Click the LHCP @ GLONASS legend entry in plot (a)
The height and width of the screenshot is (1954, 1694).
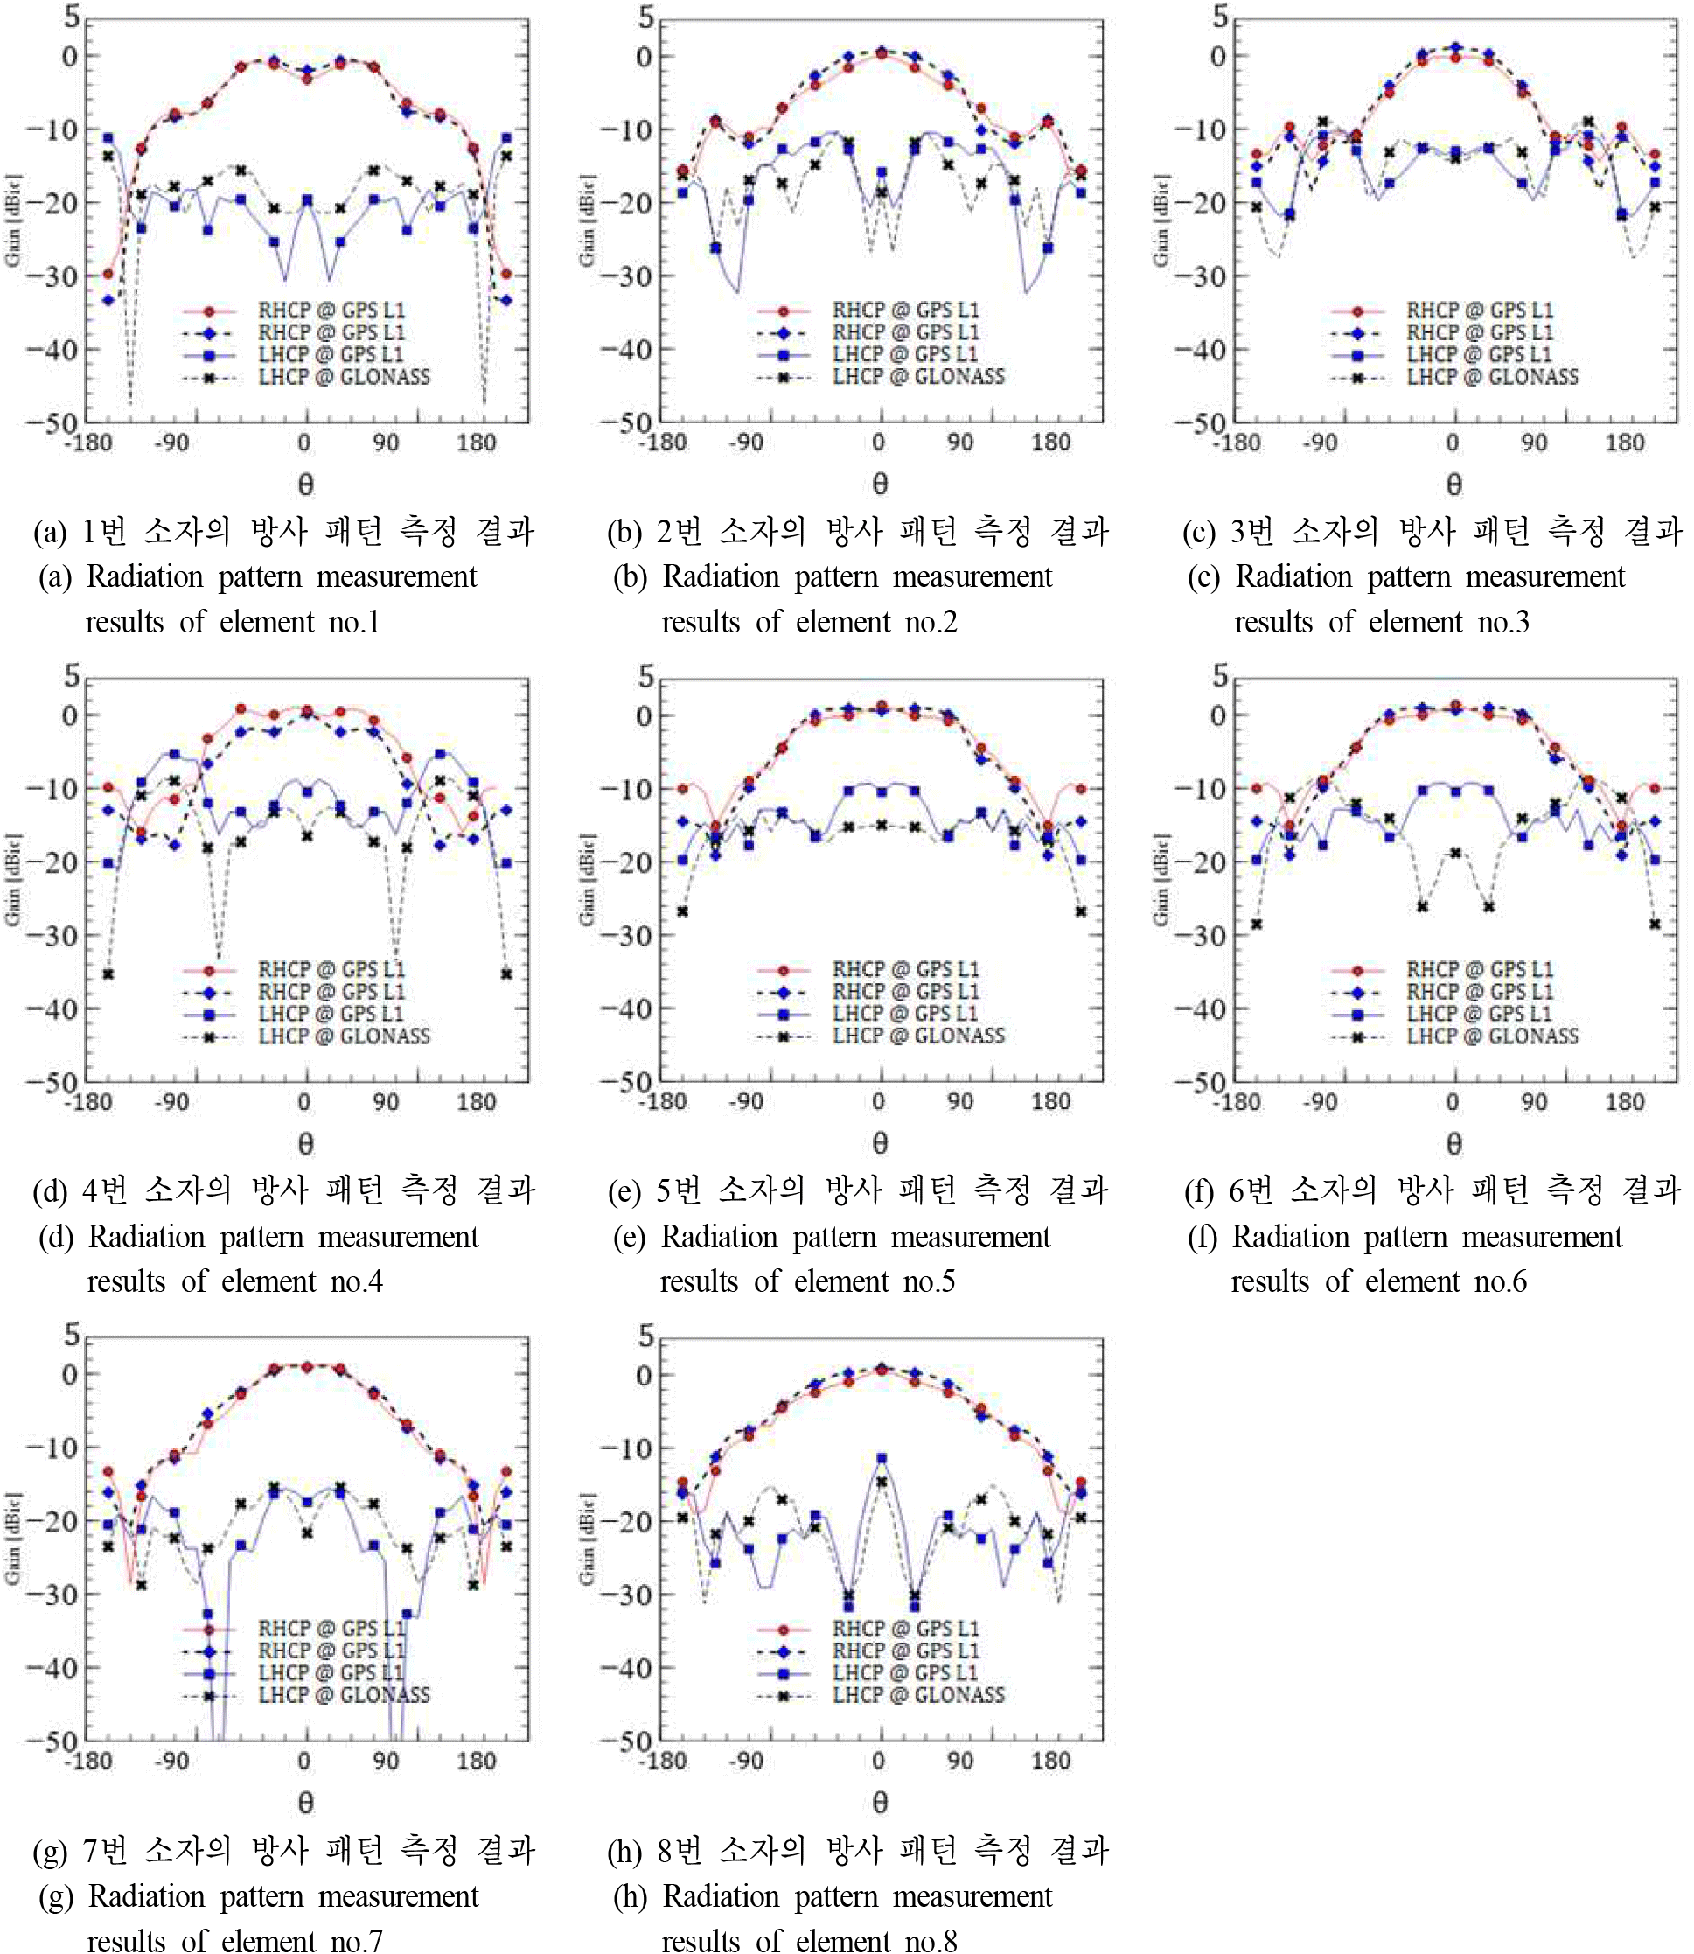343,376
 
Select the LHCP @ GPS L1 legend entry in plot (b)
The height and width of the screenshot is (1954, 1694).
903,354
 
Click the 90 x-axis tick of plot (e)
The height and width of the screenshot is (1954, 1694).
959,1101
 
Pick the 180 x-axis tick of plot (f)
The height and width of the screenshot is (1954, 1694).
1624,1101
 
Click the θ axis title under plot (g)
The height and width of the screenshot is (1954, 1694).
305,1803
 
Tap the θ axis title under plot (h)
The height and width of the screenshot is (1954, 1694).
880,1803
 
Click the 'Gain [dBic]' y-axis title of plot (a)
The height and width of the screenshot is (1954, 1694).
13,220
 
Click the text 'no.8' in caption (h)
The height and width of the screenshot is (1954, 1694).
931,1941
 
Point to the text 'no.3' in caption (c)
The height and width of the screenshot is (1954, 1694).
1503,622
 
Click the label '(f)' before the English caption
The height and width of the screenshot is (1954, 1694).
1203,1237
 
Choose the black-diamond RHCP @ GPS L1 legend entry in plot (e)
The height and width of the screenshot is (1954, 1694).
903,992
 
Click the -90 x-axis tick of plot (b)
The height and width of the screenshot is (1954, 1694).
746,443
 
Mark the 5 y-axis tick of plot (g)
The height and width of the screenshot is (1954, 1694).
71,1335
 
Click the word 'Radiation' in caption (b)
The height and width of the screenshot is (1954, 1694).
715,576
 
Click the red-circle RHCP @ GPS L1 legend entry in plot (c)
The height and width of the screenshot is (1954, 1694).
1479,311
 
